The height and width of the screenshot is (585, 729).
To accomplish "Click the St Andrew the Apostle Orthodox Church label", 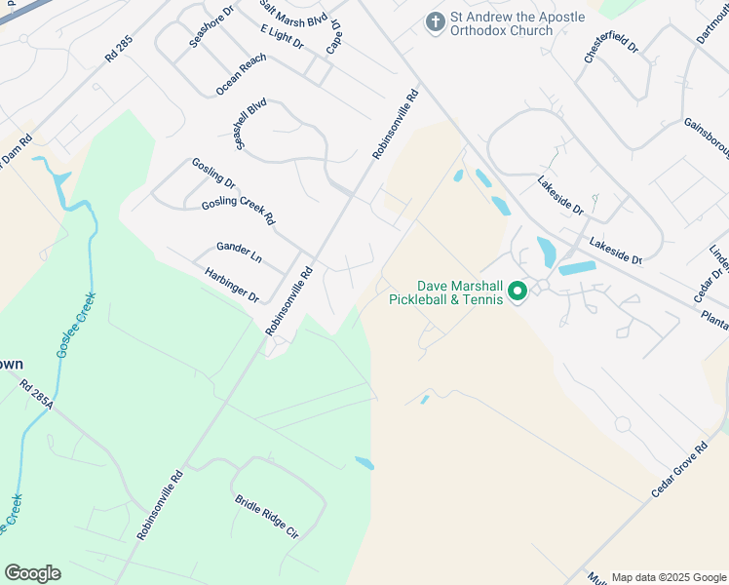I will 517,24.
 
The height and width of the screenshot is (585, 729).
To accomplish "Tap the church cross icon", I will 435,20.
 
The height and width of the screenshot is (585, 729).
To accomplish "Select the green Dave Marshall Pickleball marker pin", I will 518,291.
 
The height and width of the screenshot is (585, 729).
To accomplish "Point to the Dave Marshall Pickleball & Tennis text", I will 460,292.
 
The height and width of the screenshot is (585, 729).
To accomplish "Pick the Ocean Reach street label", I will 241,74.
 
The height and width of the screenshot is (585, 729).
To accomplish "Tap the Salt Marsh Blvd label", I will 291,14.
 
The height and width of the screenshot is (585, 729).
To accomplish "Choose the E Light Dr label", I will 282,38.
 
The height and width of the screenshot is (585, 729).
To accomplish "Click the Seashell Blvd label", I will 250,123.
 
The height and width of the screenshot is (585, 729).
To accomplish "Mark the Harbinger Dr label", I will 231,285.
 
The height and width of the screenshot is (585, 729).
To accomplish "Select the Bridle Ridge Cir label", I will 265,516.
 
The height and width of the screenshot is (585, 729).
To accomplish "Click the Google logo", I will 32,573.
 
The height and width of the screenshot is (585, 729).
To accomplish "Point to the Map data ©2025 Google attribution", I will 668,577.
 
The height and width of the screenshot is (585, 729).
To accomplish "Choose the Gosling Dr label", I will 213,174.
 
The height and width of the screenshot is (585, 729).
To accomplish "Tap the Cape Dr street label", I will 334,37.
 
